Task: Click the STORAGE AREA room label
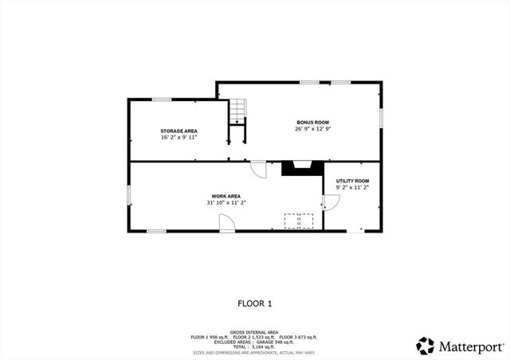click(x=178, y=131)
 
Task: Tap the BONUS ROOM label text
click(x=312, y=122)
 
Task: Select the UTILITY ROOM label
click(x=352, y=181)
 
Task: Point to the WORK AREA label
click(x=226, y=196)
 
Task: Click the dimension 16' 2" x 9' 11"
click(x=178, y=137)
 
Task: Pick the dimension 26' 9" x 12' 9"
click(x=312, y=128)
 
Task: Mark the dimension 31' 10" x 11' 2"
click(x=226, y=202)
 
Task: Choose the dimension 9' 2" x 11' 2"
click(x=352, y=187)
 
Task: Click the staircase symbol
click(x=237, y=112)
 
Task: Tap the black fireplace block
click(x=303, y=167)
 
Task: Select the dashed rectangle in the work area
click(x=299, y=220)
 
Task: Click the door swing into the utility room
click(x=331, y=203)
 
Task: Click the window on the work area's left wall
click(x=129, y=196)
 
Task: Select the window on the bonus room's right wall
click(x=382, y=117)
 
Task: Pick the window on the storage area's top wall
click(x=162, y=100)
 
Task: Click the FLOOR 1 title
click(x=255, y=303)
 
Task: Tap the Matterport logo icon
click(x=426, y=346)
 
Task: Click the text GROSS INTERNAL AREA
click(x=254, y=331)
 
